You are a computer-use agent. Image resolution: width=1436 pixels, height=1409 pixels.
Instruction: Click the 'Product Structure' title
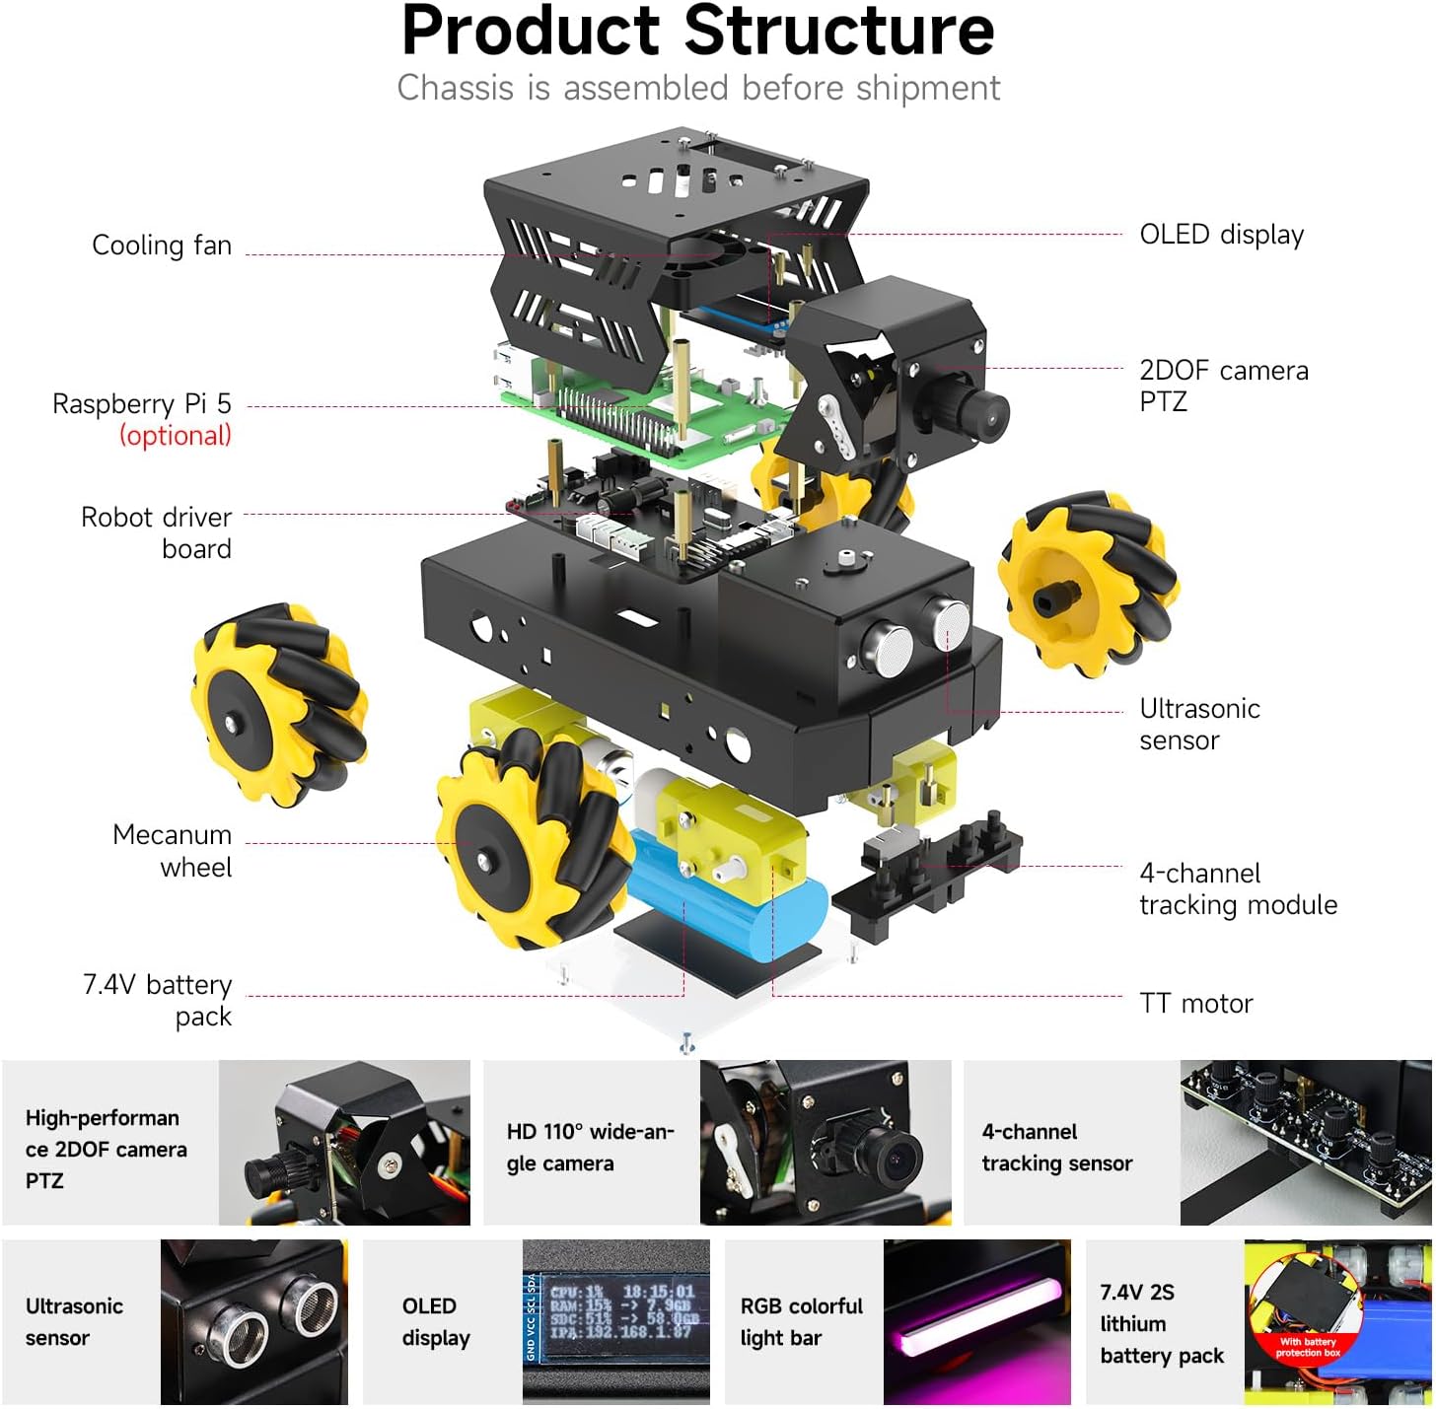point(697,32)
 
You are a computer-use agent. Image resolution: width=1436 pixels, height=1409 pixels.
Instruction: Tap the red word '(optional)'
point(176,436)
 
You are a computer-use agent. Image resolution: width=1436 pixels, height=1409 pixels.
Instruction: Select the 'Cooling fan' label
point(162,246)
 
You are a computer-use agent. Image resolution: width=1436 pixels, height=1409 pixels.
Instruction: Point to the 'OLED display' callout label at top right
point(1221,235)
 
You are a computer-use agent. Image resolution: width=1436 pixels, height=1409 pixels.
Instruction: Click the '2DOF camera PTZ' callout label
point(1223,386)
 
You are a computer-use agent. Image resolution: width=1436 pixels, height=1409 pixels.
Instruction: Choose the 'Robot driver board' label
point(157,532)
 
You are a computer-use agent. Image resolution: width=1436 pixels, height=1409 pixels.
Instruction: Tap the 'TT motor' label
point(1195,1004)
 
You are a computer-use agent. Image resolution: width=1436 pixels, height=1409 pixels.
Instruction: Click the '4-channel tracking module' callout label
point(1238,888)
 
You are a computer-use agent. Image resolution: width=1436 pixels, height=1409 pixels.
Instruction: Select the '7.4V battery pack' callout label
point(158,1000)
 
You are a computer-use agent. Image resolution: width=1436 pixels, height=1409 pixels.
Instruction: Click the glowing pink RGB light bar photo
point(976,1321)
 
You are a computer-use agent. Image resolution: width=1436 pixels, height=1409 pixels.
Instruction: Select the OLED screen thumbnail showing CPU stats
point(615,1321)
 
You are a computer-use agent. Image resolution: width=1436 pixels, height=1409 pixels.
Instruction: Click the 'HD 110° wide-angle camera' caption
point(590,1147)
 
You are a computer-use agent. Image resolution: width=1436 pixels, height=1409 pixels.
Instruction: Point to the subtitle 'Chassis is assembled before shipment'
point(698,88)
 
